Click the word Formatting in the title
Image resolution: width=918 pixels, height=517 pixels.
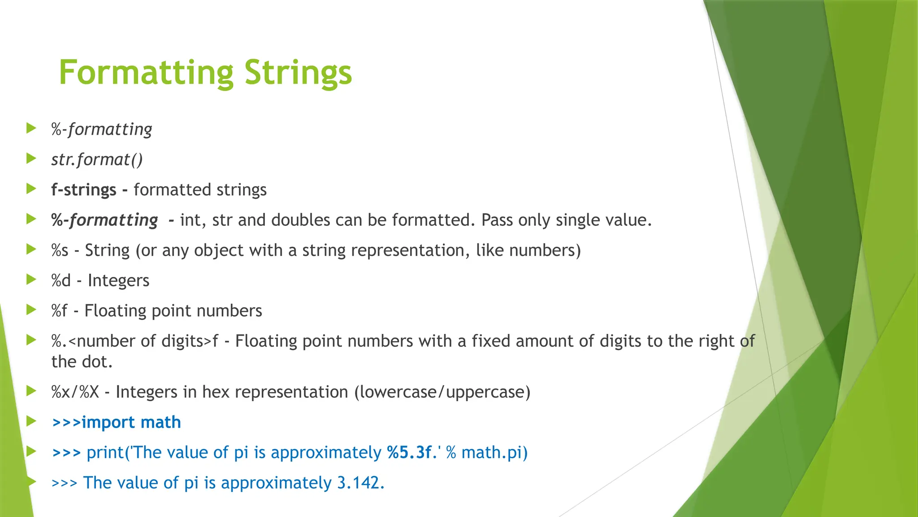[146, 73]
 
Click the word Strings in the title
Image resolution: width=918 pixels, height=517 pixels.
[298, 73]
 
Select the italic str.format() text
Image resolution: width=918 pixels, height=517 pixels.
[97, 160]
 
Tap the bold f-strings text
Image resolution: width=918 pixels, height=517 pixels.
[84, 190]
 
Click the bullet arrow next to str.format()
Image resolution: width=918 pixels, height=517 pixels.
[31, 159]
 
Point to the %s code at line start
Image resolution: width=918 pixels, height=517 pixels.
[60, 250]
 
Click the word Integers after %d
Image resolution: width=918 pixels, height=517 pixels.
[118, 280]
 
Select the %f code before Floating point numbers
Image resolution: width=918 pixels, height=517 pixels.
[59, 311]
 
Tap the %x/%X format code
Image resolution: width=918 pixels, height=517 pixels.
[75, 392]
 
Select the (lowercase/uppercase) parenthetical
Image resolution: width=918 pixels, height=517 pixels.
[442, 392]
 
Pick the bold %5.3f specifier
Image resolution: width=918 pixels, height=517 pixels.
[409, 452]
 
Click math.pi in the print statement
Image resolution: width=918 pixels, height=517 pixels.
[491, 452]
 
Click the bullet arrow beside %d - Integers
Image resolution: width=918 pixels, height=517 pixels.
[31, 280]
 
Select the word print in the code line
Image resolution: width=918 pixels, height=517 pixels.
[105, 452]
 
